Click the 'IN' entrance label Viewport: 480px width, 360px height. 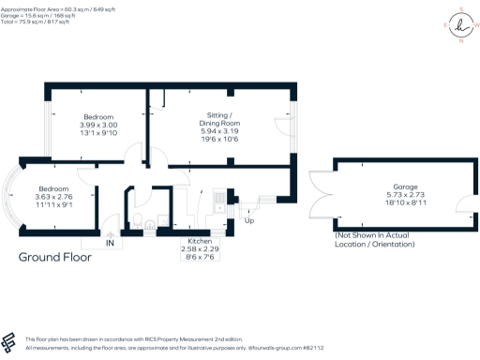click(110, 244)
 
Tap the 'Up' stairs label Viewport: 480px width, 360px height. click(248, 221)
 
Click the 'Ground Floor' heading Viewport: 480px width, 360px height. click(56, 256)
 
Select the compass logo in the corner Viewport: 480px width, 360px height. click(458, 27)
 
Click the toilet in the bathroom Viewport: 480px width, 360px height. click(139, 221)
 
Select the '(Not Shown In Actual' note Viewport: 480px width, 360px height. click(375, 236)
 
